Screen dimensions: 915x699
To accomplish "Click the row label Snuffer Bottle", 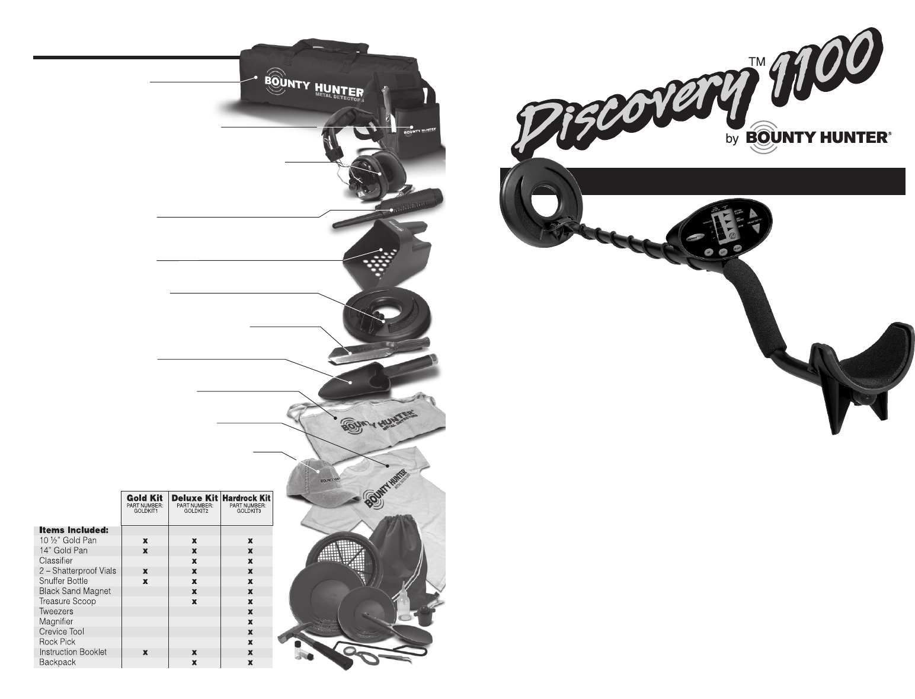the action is (63, 581).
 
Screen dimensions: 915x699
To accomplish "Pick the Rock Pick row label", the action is (57, 641).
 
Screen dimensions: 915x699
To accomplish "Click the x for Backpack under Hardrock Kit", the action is (250, 662).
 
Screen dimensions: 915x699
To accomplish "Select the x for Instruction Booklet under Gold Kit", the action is (145, 652).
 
